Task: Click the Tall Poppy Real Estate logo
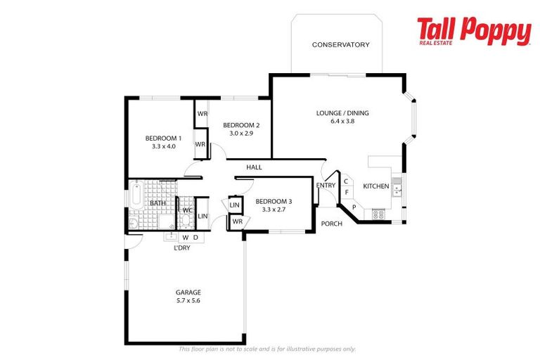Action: [x=473, y=32]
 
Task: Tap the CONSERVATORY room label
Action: [x=340, y=45]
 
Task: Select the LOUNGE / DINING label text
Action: [x=342, y=112]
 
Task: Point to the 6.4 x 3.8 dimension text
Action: [x=342, y=121]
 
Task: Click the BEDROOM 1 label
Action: [x=163, y=138]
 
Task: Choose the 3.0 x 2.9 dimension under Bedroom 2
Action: [x=241, y=134]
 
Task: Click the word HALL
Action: [x=254, y=167]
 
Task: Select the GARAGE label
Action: [x=188, y=292]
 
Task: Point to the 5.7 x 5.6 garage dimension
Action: [x=188, y=300]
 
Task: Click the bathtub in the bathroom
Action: [x=137, y=195]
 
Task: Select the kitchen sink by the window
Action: [x=397, y=188]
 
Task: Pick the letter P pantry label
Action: [x=354, y=207]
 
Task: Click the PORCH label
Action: [x=331, y=224]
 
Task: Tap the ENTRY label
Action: [x=326, y=186]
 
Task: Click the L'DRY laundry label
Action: [x=181, y=247]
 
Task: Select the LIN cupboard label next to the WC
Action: [x=202, y=217]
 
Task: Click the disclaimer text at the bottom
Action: [x=267, y=349]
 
